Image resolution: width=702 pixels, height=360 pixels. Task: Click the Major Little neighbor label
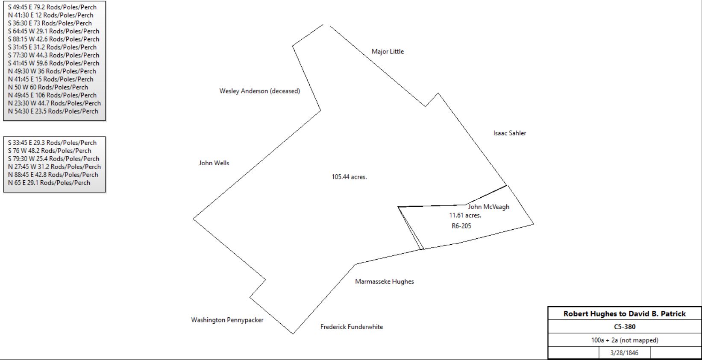pos(388,51)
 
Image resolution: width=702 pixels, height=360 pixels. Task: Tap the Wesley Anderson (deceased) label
pos(259,91)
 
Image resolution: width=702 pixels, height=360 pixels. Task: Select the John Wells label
pos(214,163)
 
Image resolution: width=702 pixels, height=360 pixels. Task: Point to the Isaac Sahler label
pos(510,133)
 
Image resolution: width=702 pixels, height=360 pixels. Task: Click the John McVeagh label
pos(488,207)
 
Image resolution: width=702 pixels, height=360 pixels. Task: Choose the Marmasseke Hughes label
pos(384,281)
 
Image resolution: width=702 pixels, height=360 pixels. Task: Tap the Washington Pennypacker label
pos(227,320)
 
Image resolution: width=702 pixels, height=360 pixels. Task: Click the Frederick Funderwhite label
pos(352,327)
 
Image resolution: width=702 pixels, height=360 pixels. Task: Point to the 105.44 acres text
pos(349,177)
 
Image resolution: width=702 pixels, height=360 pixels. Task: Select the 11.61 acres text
pos(465,215)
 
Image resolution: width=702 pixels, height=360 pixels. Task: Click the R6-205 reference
pos(461,226)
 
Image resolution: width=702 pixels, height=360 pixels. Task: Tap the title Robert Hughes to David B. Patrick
pos(625,313)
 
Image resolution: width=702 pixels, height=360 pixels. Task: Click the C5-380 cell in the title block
pos(625,327)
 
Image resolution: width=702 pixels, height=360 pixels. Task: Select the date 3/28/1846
pos(624,353)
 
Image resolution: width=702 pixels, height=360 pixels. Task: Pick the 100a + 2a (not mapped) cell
pos(625,340)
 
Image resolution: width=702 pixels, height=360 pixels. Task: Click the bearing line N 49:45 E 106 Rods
pos(52,95)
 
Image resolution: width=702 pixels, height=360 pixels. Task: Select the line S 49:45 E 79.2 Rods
pos(52,7)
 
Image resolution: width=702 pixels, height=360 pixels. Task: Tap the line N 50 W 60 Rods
pos(48,87)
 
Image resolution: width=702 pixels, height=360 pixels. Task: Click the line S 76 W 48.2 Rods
pos(50,151)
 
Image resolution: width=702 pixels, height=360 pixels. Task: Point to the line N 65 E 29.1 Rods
pos(49,183)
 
